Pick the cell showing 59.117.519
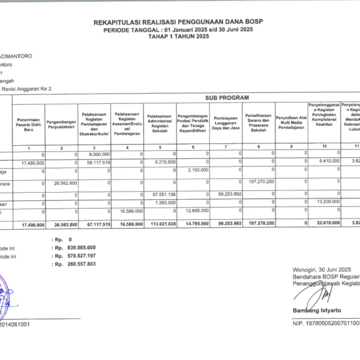click(x=95, y=162)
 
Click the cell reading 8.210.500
click(x=164, y=162)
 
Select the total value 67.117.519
click(x=95, y=224)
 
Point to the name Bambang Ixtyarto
click(x=316, y=310)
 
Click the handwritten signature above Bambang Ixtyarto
click(x=322, y=294)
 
